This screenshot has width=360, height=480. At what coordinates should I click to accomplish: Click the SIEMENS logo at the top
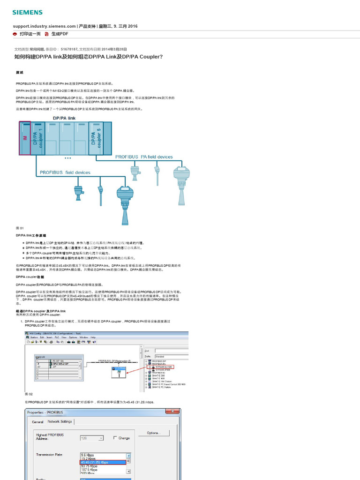(27, 12)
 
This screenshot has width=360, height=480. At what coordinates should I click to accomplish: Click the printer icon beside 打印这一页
(15, 34)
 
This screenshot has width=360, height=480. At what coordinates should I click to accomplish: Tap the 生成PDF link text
(60, 34)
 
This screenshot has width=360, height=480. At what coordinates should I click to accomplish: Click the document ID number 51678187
(70, 49)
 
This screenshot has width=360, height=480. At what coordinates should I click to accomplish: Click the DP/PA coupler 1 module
(38, 137)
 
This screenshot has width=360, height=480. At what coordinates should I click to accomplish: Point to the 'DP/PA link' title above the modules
(64, 118)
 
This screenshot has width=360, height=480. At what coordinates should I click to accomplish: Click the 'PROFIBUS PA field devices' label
(144, 157)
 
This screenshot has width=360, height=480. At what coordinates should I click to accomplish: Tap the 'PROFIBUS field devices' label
(65, 172)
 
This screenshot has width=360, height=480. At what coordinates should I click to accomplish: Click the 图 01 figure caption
(20, 227)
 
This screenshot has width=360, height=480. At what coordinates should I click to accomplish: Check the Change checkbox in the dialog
(115, 438)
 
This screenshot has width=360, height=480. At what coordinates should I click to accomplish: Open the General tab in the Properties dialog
(37, 422)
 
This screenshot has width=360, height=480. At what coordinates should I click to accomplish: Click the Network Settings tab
(60, 422)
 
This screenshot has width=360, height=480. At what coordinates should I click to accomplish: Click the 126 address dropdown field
(92, 438)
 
